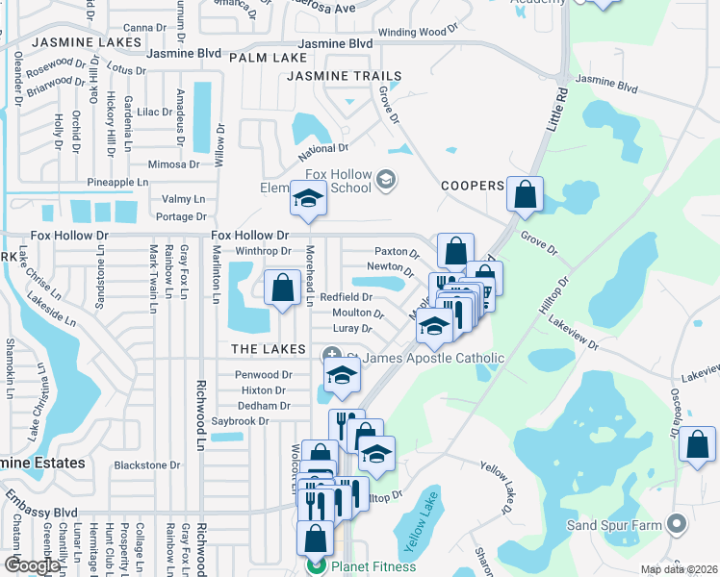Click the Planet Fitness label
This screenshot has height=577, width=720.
(x=373, y=566)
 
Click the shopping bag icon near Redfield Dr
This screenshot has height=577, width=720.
(x=282, y=288)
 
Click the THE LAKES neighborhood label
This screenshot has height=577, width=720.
(x=269, y=349)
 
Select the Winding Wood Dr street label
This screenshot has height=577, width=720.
(x=419, y=32)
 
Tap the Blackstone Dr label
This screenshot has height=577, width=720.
(x=146, y=464)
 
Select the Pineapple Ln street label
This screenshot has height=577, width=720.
(x=117, y=182)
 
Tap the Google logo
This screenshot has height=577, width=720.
(x=32, y=565)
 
